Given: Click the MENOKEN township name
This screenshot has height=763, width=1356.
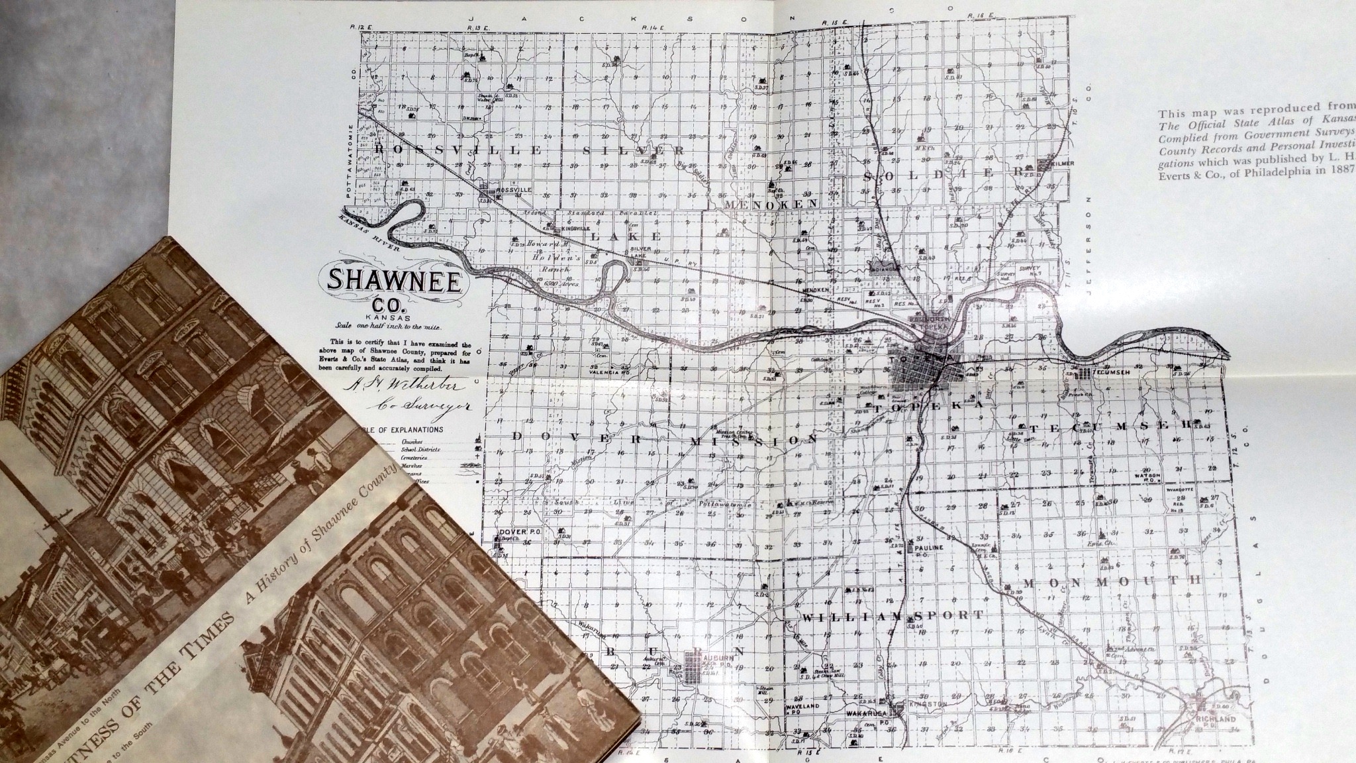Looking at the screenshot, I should click(772, 205).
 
